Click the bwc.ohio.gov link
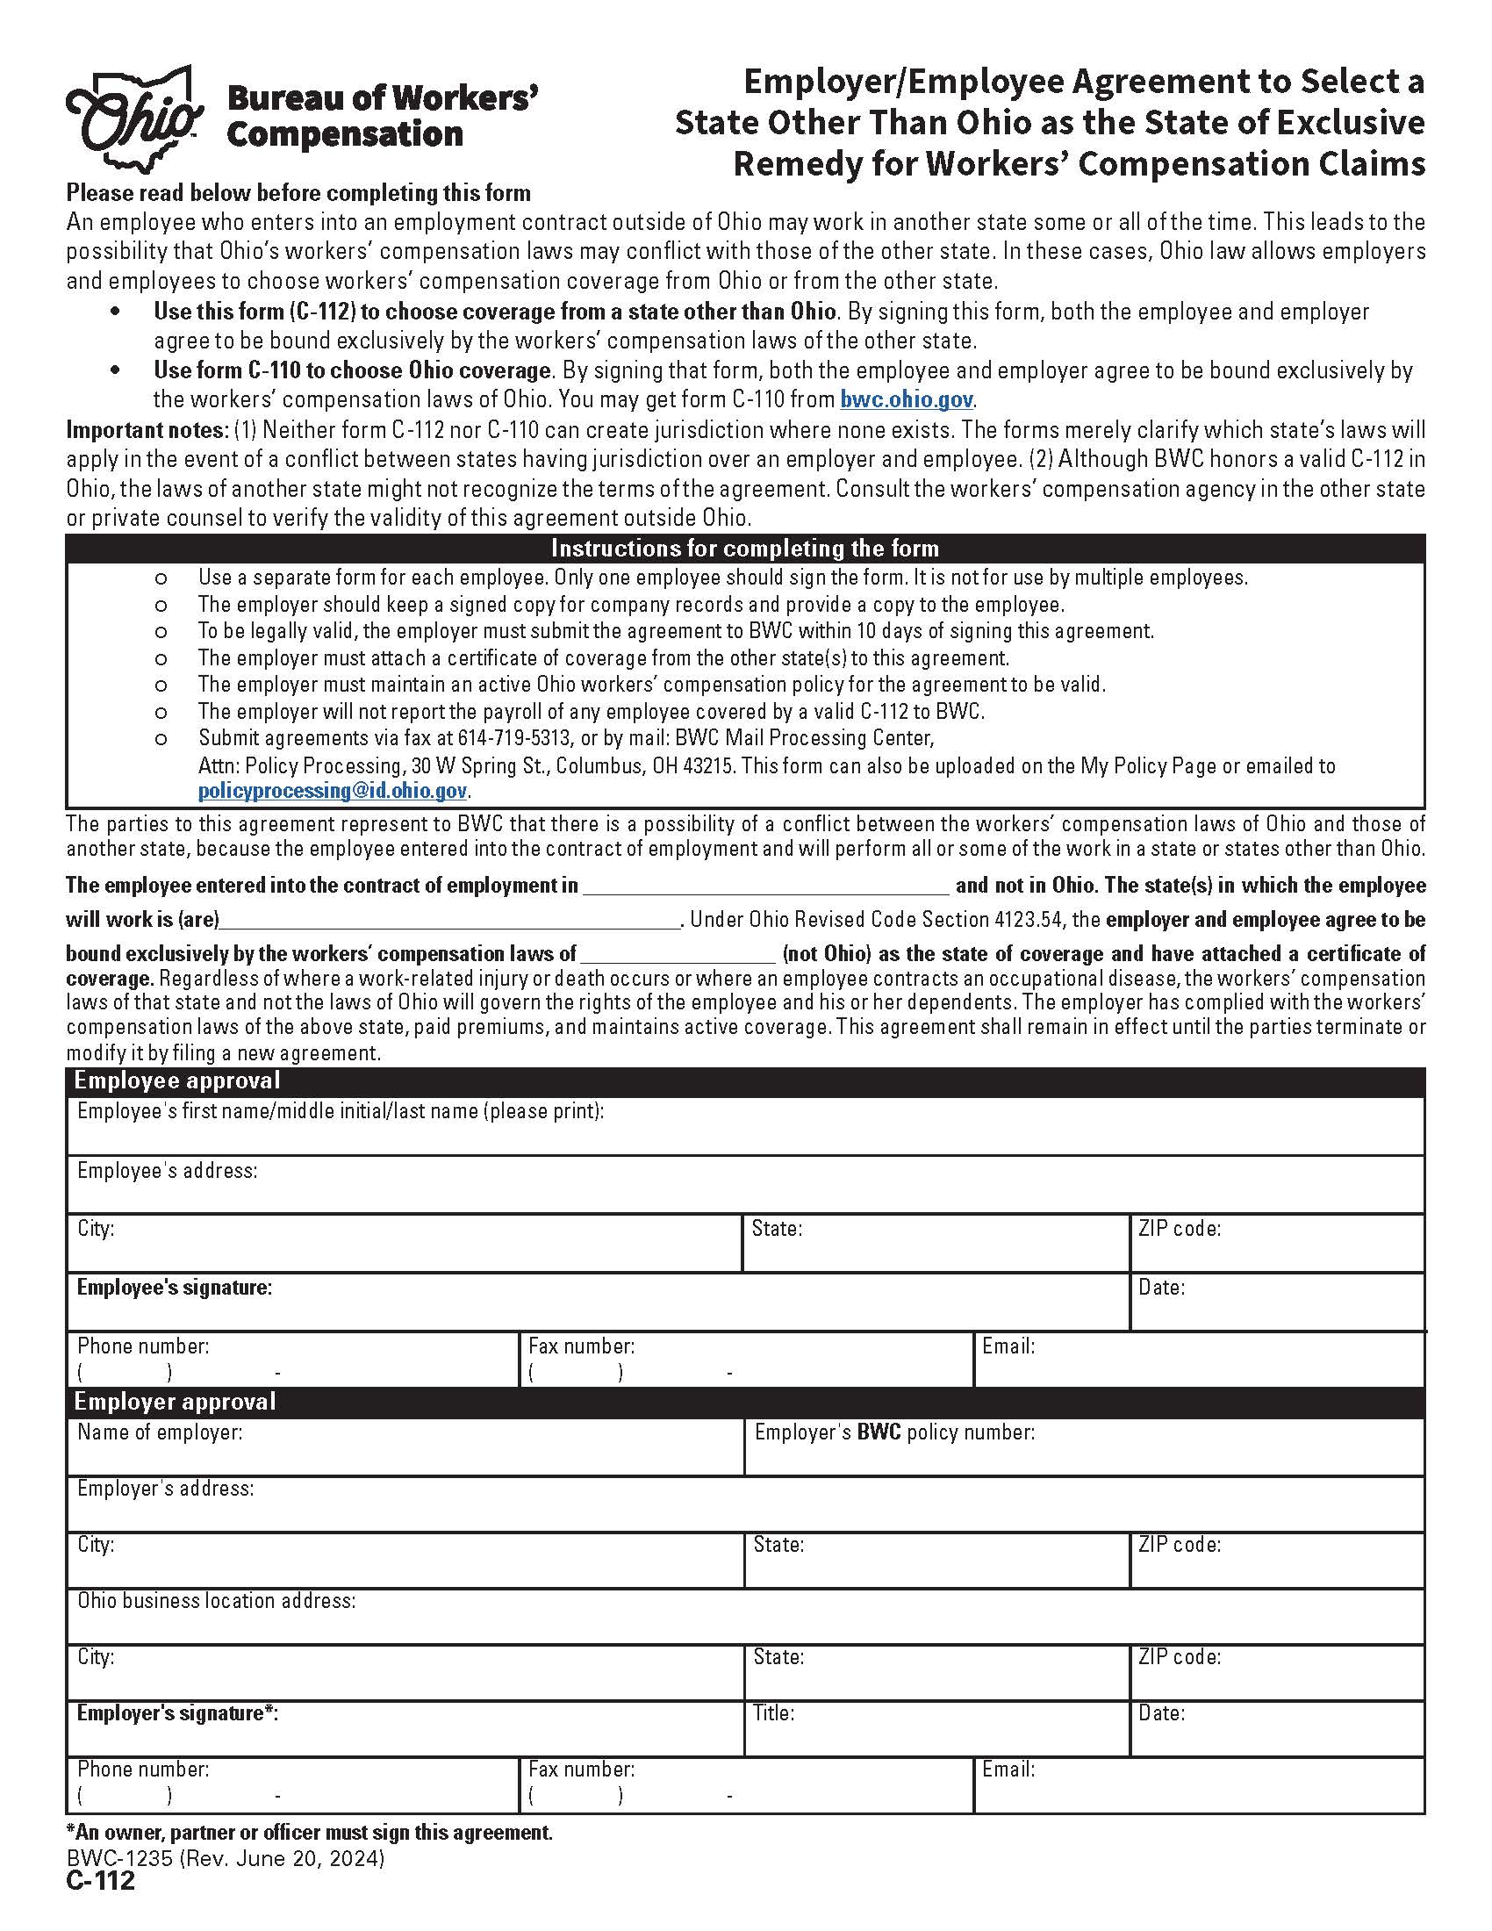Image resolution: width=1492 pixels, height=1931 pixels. click(906, 399)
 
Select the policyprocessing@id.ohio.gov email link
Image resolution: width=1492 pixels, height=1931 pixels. click(333, 792)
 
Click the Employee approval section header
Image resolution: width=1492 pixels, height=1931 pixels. click(176, 1080)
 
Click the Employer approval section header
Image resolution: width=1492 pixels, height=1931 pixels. click(175, 1402)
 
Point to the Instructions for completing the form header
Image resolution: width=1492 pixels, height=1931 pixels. click(744, 549)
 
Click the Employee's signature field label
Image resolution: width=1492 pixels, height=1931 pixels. click(174, 1288)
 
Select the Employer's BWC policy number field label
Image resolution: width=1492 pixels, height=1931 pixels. click(893, 1432)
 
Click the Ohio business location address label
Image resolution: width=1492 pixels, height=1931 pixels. click(217, 1601)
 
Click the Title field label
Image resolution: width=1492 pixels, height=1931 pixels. click(773, 1713)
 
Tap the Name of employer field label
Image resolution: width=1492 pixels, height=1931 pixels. click(159, 1432)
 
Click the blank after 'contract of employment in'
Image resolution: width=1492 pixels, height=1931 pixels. click(765, 886)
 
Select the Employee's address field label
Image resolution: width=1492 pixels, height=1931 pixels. click(167, 1171)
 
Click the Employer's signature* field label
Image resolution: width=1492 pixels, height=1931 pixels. click(177, 1713)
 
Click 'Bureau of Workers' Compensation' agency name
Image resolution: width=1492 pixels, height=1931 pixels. click(383, 117)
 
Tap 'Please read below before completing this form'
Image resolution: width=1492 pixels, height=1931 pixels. click(298, 193)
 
